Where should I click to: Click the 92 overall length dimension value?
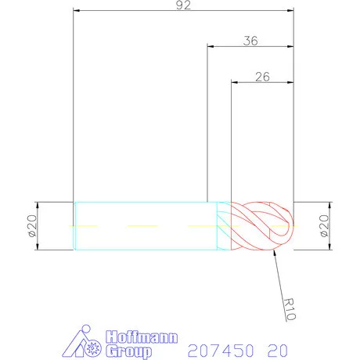183,5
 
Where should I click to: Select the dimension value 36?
250,41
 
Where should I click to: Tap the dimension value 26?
262,77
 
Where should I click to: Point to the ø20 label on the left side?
32,225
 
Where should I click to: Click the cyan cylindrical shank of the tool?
141,225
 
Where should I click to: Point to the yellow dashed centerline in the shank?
141,225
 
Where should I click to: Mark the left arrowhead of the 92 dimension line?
76,12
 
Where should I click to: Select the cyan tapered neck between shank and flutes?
224,225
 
